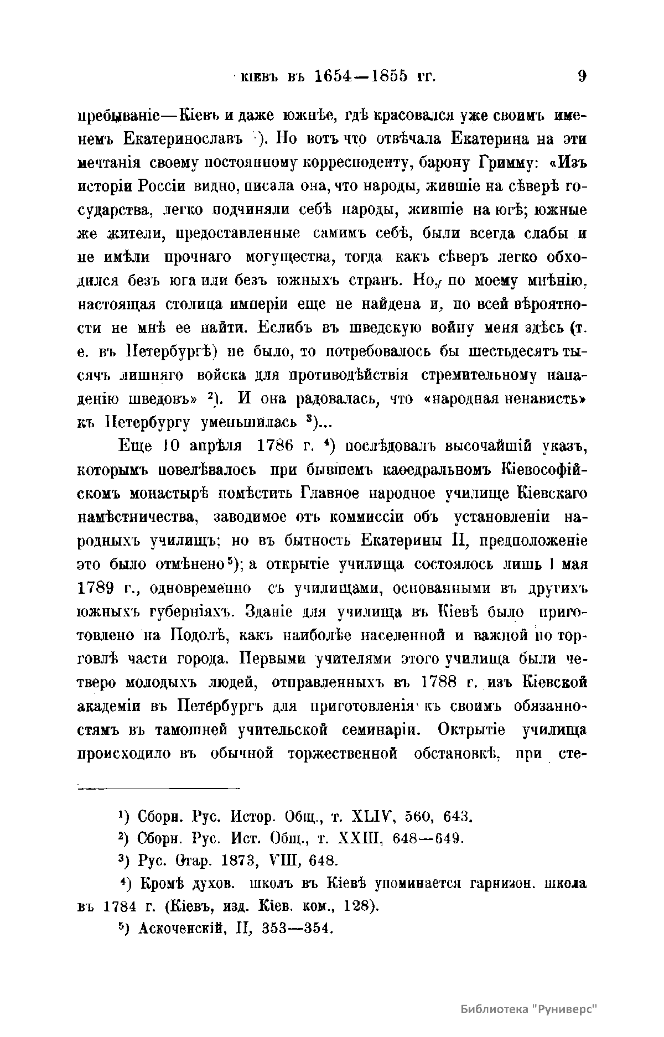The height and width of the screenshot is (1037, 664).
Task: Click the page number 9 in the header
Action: [x=581, y=76]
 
